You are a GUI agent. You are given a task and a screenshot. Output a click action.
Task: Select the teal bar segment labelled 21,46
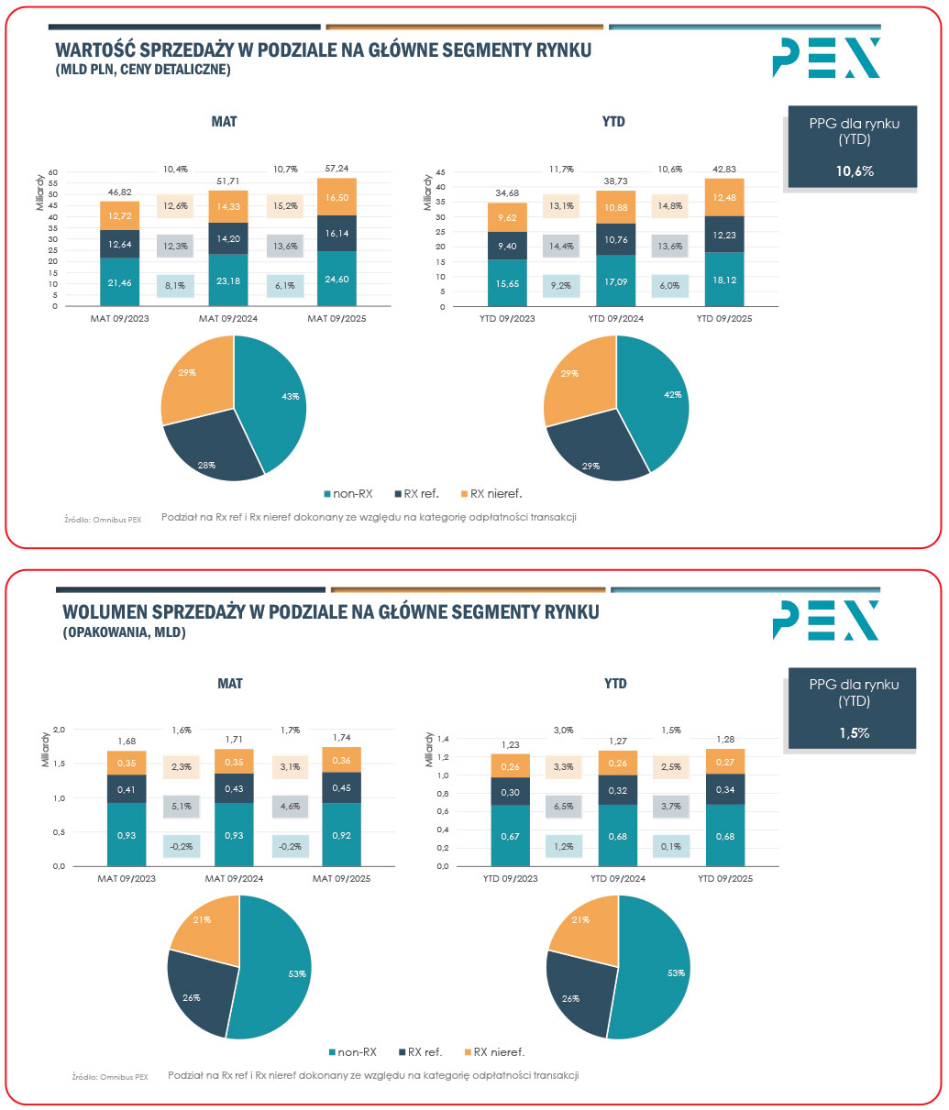(x=120, y=283)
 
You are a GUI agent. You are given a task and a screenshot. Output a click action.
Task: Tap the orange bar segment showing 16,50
(x=337, y=197)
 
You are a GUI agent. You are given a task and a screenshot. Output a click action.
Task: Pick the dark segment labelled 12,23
(x=725, y=235)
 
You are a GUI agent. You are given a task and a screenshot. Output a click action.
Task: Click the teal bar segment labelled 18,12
(x=725, y=280)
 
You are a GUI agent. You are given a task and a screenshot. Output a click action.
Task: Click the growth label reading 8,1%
(x=174, y=286)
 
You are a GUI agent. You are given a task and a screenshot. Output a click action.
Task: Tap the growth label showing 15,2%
(x=284, y=206)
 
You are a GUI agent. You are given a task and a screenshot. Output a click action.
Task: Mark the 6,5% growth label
(x=564, y=806)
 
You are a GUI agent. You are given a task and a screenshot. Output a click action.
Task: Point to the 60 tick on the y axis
(x=52, y=171)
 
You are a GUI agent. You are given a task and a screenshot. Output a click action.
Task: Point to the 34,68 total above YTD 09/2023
(x=507, y=193)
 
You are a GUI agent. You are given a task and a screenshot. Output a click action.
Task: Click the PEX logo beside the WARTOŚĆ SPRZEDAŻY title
(x=826, y=58)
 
